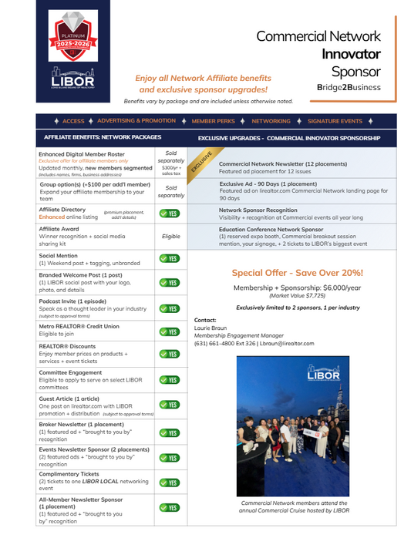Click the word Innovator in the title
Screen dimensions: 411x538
(x=351, y=54)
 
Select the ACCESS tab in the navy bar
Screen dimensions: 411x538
(x=73, y=121)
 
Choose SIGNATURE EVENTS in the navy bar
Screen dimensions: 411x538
(x=335, y=121)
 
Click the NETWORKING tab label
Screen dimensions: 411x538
(x=271, y=121)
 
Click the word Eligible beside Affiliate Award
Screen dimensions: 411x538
(x=171, y=237)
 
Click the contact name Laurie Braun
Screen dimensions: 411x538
(x=210, y=328)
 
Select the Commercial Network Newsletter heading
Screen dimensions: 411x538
(x=271, y=164)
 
